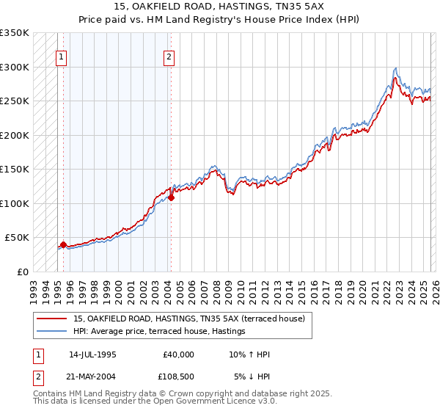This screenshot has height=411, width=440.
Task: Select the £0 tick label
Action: [22, 272]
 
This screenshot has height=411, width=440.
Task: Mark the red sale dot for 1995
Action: [63, 244]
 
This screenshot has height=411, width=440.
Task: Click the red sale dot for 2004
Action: [171, 197]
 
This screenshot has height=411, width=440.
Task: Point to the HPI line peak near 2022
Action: [395, 68]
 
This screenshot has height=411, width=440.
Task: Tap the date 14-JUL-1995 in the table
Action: [92, 354]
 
